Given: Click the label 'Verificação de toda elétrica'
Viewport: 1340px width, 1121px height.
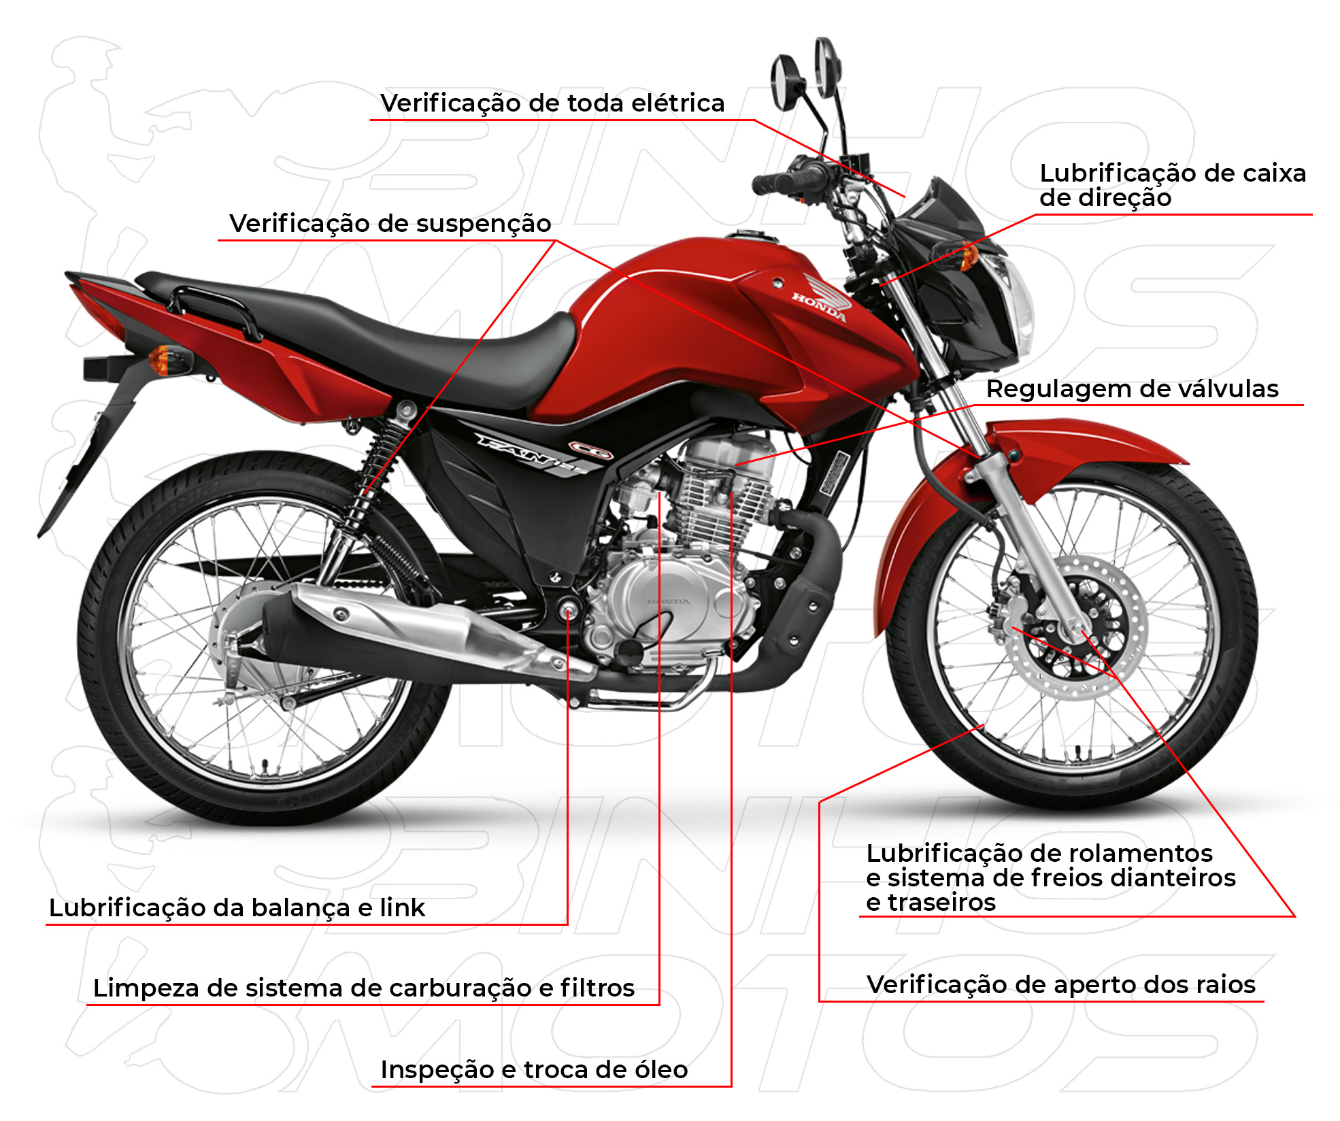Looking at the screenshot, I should (552, 103).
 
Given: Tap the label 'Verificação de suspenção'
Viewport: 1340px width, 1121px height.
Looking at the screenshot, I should (390, 224).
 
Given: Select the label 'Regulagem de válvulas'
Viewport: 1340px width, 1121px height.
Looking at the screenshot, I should (1132, 389).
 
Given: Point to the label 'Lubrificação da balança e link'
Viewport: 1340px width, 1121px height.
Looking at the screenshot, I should (237, 908).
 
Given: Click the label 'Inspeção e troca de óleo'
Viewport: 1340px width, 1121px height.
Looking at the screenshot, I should (534, 1070).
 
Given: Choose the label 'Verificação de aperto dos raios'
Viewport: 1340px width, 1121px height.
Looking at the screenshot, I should (1060, 985).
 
